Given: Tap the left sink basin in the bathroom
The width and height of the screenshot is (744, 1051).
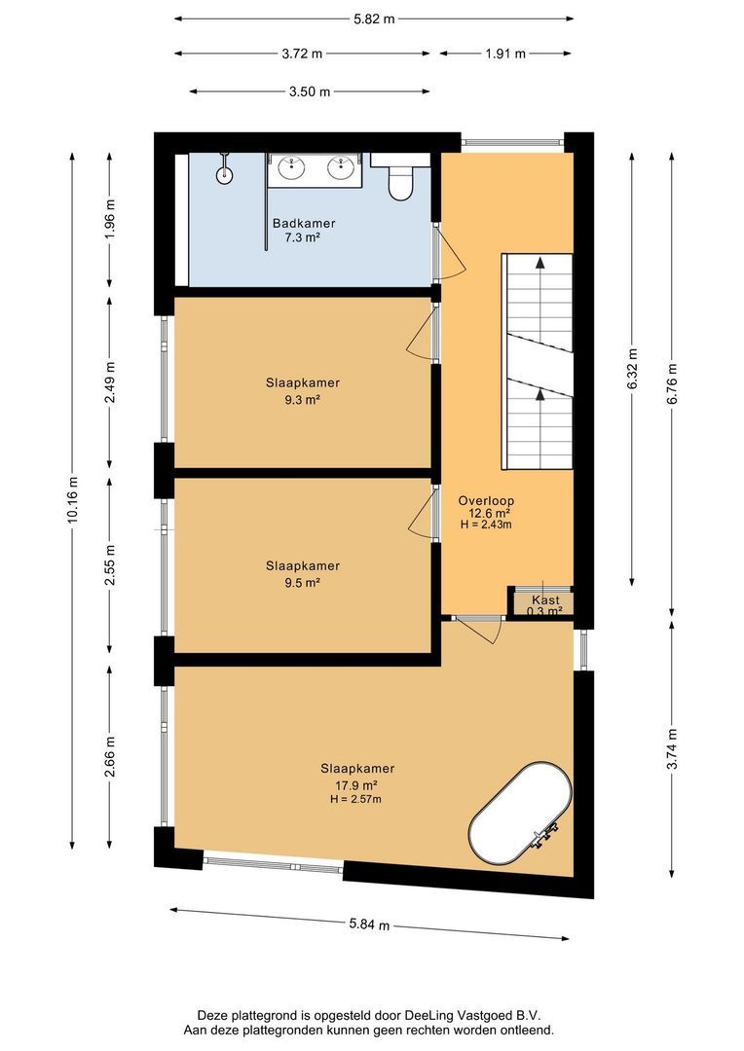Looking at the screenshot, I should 291,168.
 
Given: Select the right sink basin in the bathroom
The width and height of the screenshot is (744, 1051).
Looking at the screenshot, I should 341,168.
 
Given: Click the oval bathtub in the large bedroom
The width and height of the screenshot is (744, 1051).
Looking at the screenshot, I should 519,815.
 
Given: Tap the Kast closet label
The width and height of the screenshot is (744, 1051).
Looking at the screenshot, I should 544,600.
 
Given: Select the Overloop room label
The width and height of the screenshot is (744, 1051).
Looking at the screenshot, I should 485,500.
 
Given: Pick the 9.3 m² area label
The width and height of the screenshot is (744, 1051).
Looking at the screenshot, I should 303,399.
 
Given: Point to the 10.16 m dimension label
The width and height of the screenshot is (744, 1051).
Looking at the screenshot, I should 72,499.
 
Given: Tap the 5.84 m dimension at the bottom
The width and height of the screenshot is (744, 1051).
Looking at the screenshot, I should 370,924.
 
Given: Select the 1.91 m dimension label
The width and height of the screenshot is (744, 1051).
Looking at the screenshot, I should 505,54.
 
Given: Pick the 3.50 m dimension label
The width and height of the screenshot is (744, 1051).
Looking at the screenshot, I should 310,91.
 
